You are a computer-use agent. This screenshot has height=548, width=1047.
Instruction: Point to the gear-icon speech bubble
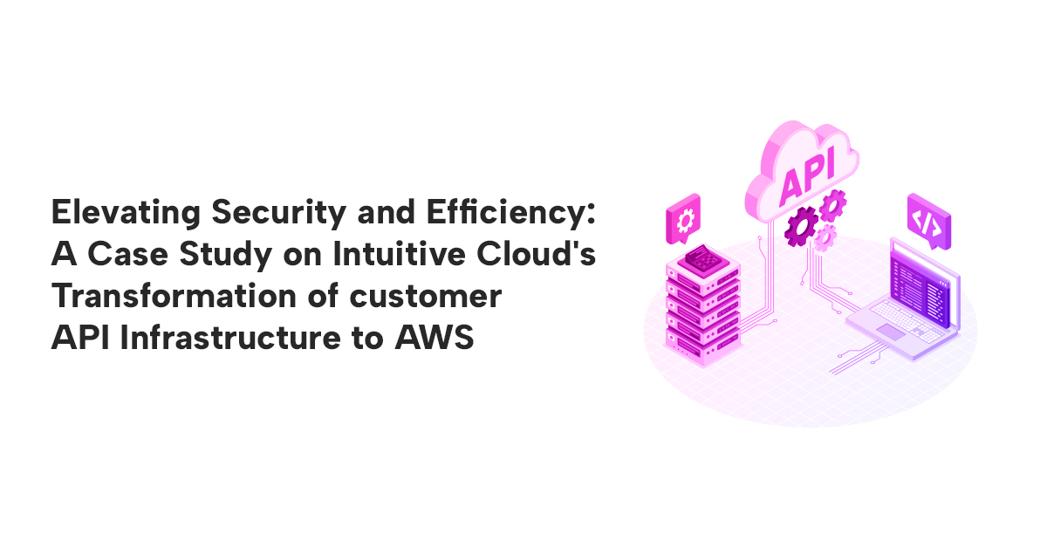[x=682, y=216]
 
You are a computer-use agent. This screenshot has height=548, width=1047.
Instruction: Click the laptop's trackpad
[x=892, y=331]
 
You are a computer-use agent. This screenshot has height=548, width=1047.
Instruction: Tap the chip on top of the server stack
[x=702, y=258]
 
